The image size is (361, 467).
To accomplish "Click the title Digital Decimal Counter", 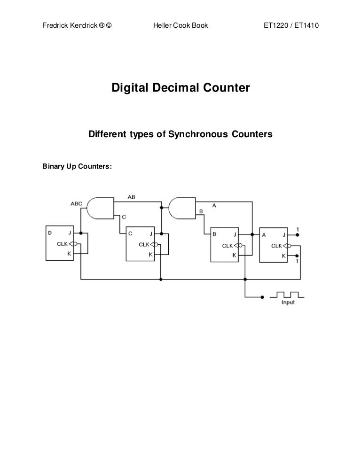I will click(x=180, y=88).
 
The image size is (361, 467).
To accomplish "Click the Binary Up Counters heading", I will click(x=77, y=166).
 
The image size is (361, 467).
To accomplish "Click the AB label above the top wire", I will click(x=132, y=197).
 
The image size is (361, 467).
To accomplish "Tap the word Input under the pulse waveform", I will click(x=288, y=303).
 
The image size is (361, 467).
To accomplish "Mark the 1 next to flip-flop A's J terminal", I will click(x=298, y=229).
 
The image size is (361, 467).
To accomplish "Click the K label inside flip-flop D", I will click(x=69, y=253).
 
